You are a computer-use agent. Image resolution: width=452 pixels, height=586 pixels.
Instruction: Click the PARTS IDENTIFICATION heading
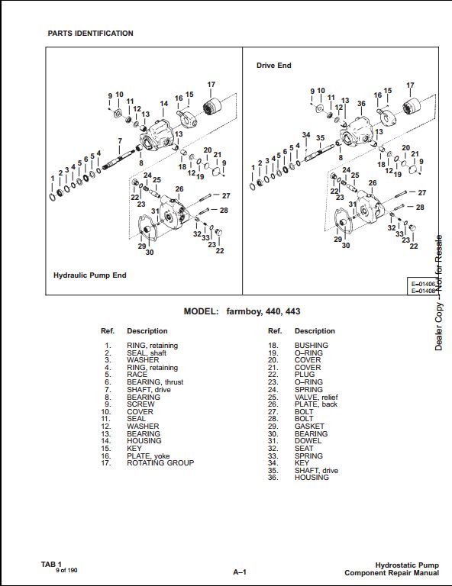[x=90, y=34]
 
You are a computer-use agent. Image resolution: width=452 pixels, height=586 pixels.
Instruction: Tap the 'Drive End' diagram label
[x=273, y=66]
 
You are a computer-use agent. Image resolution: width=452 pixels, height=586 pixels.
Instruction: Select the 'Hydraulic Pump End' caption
[x=90, y=275]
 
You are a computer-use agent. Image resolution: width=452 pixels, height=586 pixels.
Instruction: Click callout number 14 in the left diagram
[x=164, y=104]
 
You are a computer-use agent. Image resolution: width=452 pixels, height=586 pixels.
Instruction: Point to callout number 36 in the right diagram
[x=361, y=103]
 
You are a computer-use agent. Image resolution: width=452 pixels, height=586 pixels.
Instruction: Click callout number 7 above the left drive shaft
[x=120, y=141]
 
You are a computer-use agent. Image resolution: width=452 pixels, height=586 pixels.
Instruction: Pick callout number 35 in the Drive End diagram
[x=321, y=138]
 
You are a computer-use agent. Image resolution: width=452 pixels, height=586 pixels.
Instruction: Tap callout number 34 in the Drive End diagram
[x=306, y=134]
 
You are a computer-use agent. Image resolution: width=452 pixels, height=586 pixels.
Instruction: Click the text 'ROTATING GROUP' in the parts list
[x=160, y=462]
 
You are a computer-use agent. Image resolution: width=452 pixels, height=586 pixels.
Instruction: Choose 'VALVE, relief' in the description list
[x=316, y=397]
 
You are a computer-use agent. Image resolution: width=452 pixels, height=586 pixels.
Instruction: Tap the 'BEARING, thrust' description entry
[x=155, y=382]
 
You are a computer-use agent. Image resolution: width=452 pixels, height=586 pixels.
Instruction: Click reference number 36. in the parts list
[x=273, y=477]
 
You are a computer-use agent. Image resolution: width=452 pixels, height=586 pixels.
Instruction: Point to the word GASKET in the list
[x=309, y=426]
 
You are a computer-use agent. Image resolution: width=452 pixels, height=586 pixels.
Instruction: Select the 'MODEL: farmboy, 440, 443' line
[x=242, y=311]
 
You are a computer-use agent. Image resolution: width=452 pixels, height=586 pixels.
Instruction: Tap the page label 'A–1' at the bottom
[x=240, y=572]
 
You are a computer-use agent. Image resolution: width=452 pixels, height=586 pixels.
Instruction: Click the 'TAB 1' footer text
[x=51, y=565]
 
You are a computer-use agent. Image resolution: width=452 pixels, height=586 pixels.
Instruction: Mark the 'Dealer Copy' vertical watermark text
[x=439, y=326]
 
